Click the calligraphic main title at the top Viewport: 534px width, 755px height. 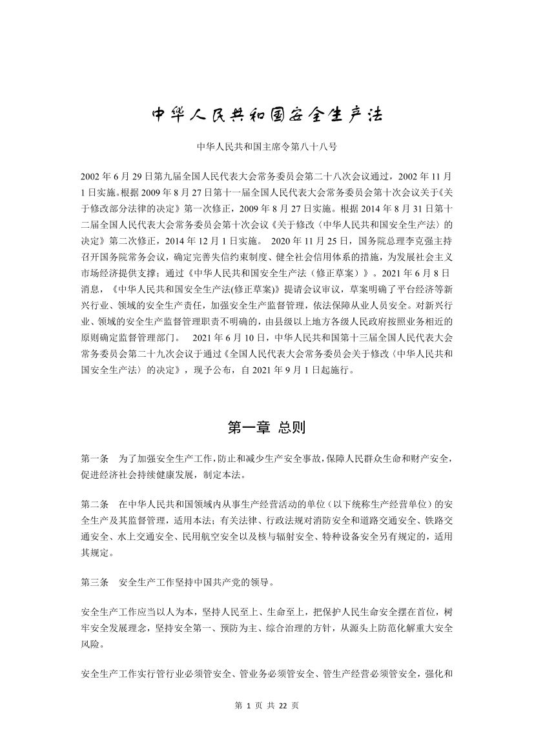click(x=267, y=115)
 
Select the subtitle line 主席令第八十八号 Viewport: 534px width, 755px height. click(x=267, y=147)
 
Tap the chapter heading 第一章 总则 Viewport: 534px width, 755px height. click(x=267, y=427)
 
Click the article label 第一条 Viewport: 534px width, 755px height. click(x=95, y=459)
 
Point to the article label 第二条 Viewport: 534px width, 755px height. click(x=95, y=503)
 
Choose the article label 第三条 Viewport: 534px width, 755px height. click(x=95, y=582)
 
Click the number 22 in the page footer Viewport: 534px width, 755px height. click(x=282, y=705)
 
